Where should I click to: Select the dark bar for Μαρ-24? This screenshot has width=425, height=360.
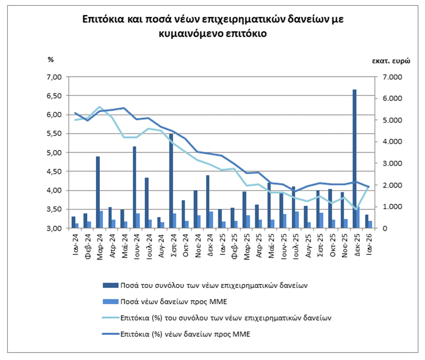coord(98,192)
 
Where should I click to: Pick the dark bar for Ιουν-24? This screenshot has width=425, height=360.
coord(134,187)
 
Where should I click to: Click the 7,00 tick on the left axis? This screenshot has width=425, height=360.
coord(54,77)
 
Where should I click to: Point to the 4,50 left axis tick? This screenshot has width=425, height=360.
coord(54,171)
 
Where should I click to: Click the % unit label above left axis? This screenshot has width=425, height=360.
coord(50,60)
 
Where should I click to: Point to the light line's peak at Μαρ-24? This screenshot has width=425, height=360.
coord(99,107)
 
